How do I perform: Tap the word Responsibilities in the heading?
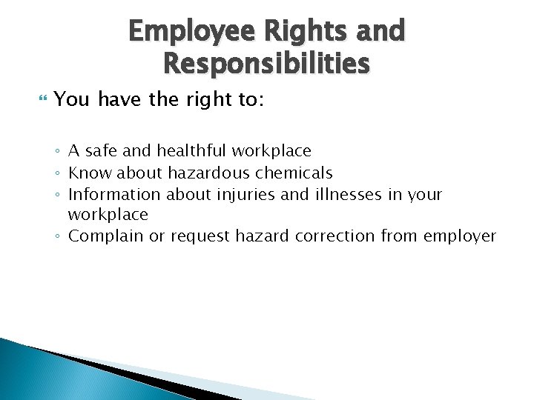266,64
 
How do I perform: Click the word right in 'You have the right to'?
210,99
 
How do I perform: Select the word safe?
101,151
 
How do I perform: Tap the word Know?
85,173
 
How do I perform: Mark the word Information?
114,194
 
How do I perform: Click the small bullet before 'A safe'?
58,152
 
